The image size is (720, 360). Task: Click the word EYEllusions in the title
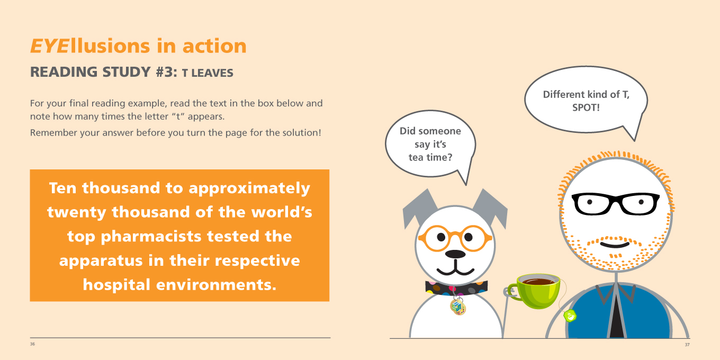coord(90,46)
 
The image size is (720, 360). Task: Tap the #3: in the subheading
coord(166,72)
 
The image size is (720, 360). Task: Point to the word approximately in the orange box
coord(249,188)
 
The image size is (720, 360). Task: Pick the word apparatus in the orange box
coord(101,261)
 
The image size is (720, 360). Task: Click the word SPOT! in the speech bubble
coord(586,107)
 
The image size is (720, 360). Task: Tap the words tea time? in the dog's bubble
coord(430,157)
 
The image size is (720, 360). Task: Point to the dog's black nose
coord(455,254)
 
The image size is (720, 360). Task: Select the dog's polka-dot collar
coord(456,287)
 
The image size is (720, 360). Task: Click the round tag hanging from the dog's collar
coord(458,307)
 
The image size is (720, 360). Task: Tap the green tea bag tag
coord(570,316)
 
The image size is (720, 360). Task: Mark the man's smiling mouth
coord(615,245)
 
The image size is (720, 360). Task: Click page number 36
coord(32,344)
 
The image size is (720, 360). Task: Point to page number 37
coord(687,345)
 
